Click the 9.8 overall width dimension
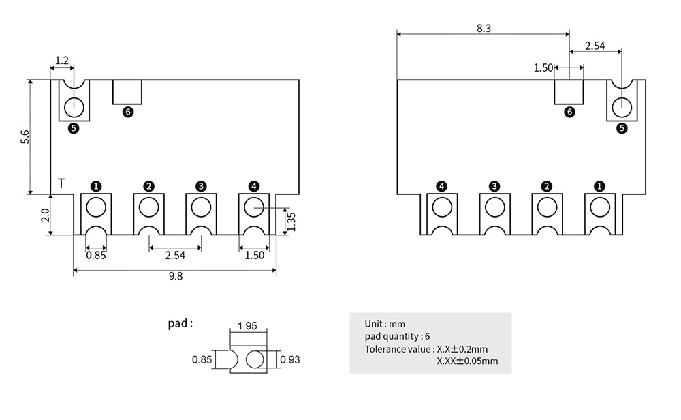point(176,276)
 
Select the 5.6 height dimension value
point(25,136)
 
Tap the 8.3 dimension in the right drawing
point(484,28)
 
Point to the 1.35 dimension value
point(291,221)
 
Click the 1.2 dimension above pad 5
point(61,61)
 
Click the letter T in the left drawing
point(61,183)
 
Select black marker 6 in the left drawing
point(127,112)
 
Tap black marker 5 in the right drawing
point(621,127)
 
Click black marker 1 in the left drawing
point(96,185)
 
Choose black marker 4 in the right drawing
point(441,185)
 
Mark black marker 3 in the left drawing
point(201,185)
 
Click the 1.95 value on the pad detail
point(247,326)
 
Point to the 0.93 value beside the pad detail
point(290,359)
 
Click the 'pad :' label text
point(180,323)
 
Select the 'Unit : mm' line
point(385,324)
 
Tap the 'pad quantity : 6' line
point(398,336)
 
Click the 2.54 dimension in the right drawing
point(595,46)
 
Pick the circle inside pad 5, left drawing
point(74,106)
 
